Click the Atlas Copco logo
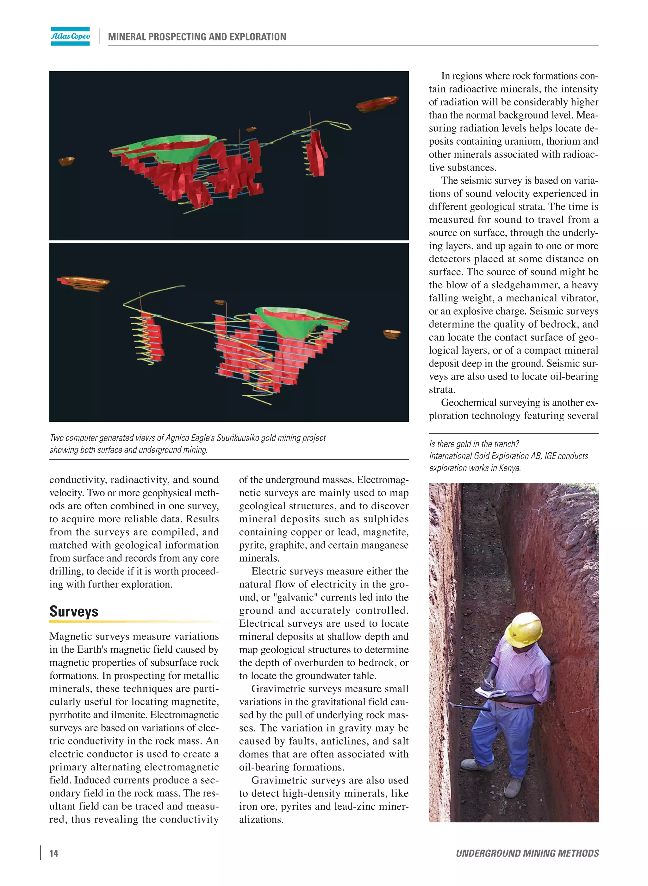(70, 36)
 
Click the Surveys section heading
(74, 612)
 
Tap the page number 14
(54, 853)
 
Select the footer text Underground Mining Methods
(527, 853)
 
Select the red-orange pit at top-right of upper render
(377, 103)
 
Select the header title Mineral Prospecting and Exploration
(197, 37)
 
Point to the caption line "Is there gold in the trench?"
(474, 444)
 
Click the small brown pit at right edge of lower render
(391, 334)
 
